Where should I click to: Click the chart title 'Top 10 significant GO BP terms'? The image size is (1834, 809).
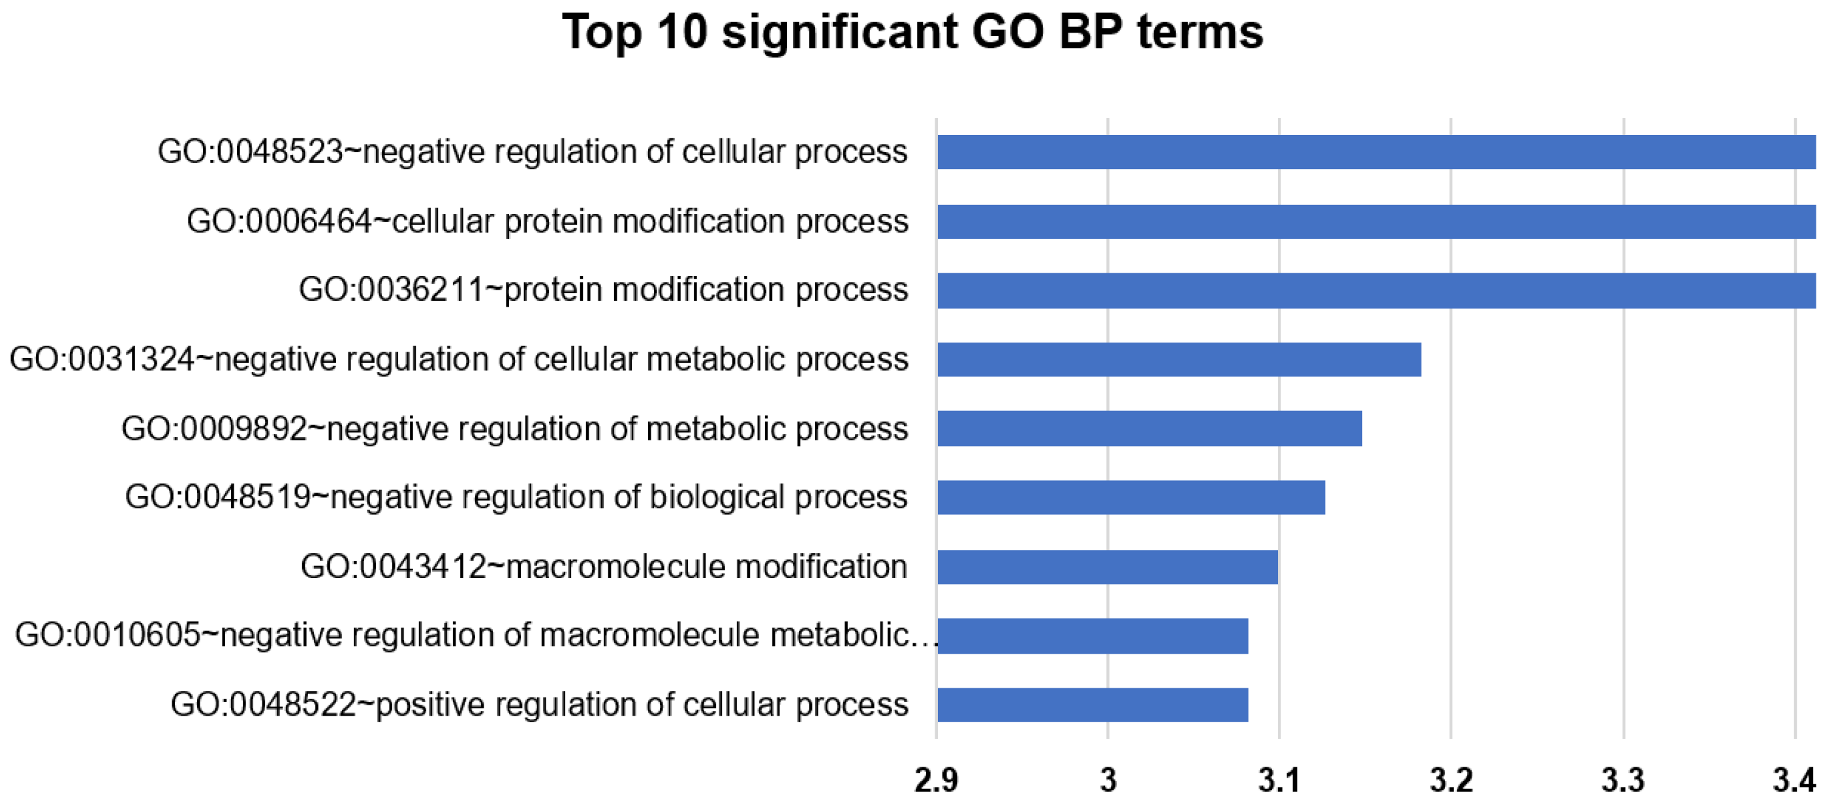912,32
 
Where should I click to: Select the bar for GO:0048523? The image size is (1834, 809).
1376,152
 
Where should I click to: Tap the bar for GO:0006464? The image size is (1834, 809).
1376,221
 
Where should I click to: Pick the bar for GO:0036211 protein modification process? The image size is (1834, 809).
1376,290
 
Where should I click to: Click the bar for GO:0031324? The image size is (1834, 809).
1178,359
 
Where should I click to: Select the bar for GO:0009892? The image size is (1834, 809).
1149,429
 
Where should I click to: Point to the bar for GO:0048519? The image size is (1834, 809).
1130,497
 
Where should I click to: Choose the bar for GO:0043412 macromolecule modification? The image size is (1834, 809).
1107,566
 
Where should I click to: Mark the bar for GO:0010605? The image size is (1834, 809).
1092,635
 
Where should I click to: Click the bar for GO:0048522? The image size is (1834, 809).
1092,705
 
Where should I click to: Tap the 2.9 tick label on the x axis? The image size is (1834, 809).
935,780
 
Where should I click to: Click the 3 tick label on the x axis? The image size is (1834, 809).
1108,780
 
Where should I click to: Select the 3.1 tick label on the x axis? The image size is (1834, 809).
1279,780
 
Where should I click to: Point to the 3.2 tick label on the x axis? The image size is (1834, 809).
1451,780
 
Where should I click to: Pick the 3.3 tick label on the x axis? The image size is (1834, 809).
1623,780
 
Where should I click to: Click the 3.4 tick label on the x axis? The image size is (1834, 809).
1794,780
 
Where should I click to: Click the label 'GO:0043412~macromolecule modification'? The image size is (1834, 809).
604,567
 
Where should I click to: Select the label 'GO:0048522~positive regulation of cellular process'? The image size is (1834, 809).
539,705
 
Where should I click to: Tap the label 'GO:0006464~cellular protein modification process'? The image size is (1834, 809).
547,221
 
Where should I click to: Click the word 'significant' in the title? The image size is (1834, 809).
839,32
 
